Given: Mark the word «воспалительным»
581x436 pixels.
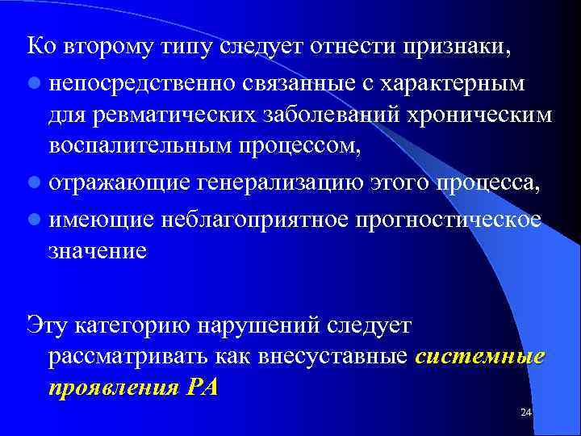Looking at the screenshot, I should click(x=132, y=146).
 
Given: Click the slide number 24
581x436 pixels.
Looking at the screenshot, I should click(x=525, y=413).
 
